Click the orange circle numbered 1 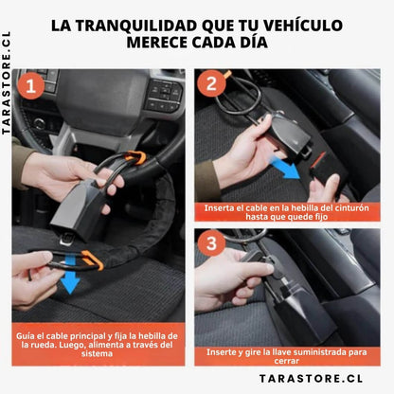[29, 88]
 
